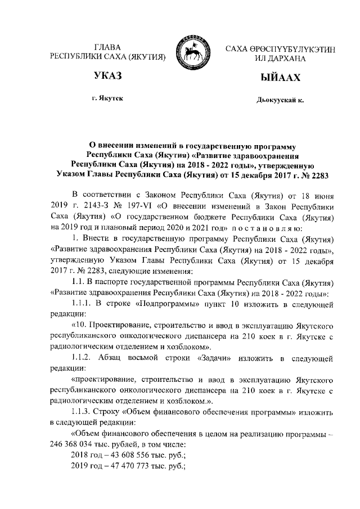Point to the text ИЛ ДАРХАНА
click(280, 58)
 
